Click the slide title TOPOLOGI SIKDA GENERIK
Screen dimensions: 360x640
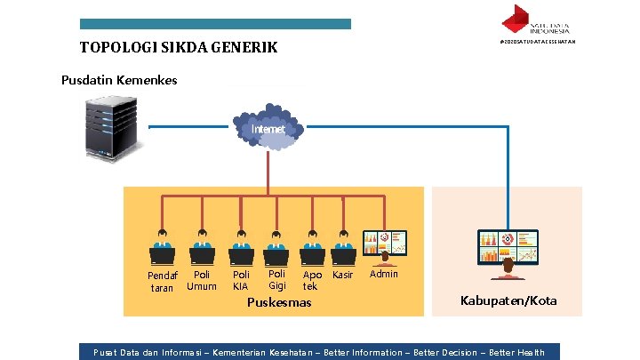click(x=179, y=47)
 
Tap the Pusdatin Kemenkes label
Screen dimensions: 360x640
click(x=119, y=80)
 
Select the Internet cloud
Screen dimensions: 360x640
click(x=268, y=131)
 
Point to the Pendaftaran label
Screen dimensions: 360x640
click(x=163, y=282)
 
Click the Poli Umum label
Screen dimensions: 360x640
click(x=202, y=280)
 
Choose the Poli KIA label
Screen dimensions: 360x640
click(x=240, y=281)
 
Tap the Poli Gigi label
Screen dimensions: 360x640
click(x=277, y=280)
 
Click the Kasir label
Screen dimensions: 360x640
click(x=342, y=276)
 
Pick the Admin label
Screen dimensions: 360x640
click(x=384, y=274)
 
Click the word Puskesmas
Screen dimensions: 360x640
click(x=279, y=302)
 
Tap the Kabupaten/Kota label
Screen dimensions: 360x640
click(x=508, y=300)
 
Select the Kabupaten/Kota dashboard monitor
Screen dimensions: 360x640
click(x=508, y=250)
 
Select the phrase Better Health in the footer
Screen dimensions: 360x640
click(x=516, y=353)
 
